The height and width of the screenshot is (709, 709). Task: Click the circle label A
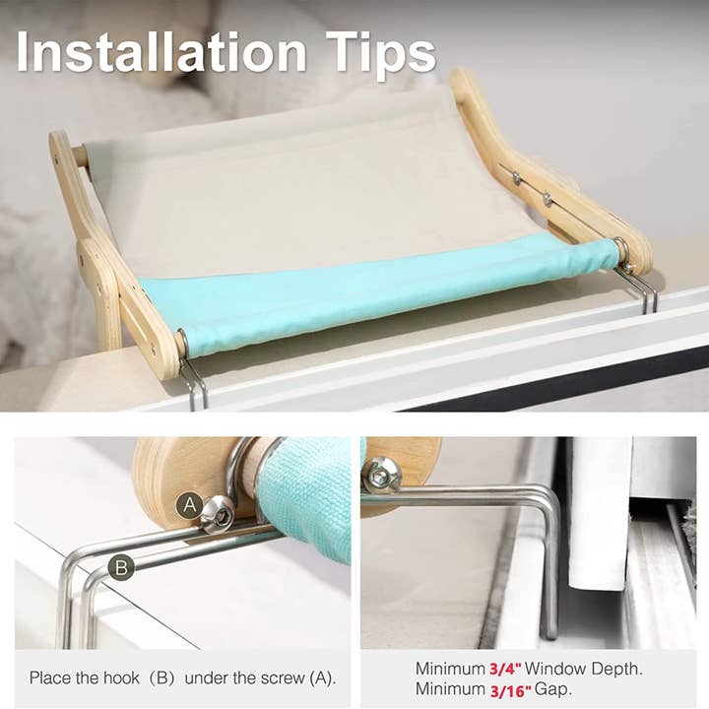tap(190, 507)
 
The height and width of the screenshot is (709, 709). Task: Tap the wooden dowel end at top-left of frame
tap(78, 156)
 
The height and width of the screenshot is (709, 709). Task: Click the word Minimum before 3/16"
tap(448, 690)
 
